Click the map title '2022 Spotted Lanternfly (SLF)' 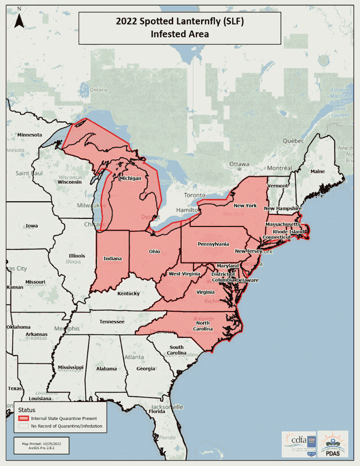pos(180,22)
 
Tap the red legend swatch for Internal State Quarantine pos(23,418)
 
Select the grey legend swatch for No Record pos(23,426)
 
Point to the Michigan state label pos(130,179)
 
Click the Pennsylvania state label pos(213,244)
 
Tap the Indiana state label pos(112,258)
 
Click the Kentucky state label pos(128,294)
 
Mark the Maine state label pos(317,172)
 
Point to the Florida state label pos(157,412)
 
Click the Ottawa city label pos(238,164)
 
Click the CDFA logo pos(298,443)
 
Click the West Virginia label pos(184,274)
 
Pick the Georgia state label pos(145,369)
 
